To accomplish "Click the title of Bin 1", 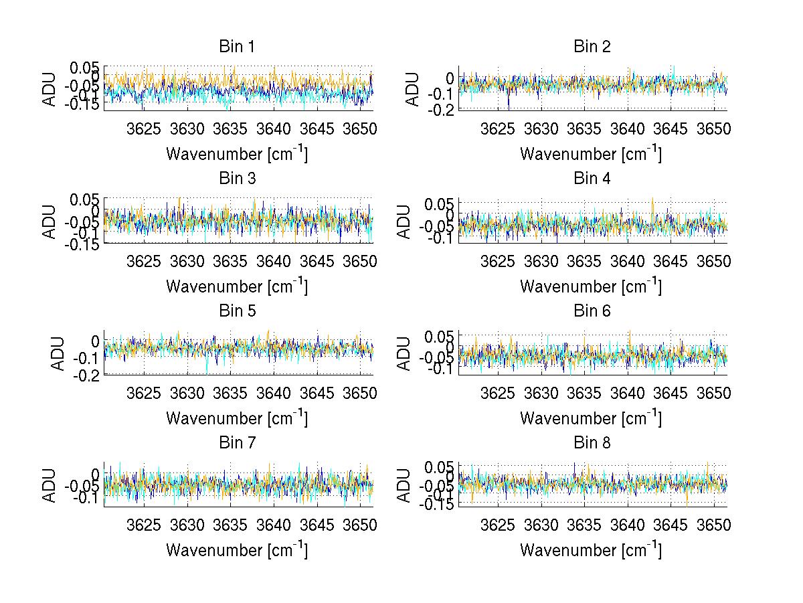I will (x=237, y=47).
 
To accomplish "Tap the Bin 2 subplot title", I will (x=592, y=47).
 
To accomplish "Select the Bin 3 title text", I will (x=237, y=179).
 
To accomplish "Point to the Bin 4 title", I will (x=592, y=179).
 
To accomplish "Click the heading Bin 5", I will (x=237, y=311).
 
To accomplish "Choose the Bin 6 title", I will (x=592, y=311).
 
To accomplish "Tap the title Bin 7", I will (x=237, y=443).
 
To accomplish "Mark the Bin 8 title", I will (x=592, y=443).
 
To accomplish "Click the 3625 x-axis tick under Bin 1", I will (x=144, y=128).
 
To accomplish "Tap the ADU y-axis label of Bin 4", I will (x=404, y=222).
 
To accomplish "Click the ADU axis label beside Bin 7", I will (x=50, y=486).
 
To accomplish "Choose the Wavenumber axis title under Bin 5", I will (x=237, y=418).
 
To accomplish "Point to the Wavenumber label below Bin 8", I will (x=592, y=550).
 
